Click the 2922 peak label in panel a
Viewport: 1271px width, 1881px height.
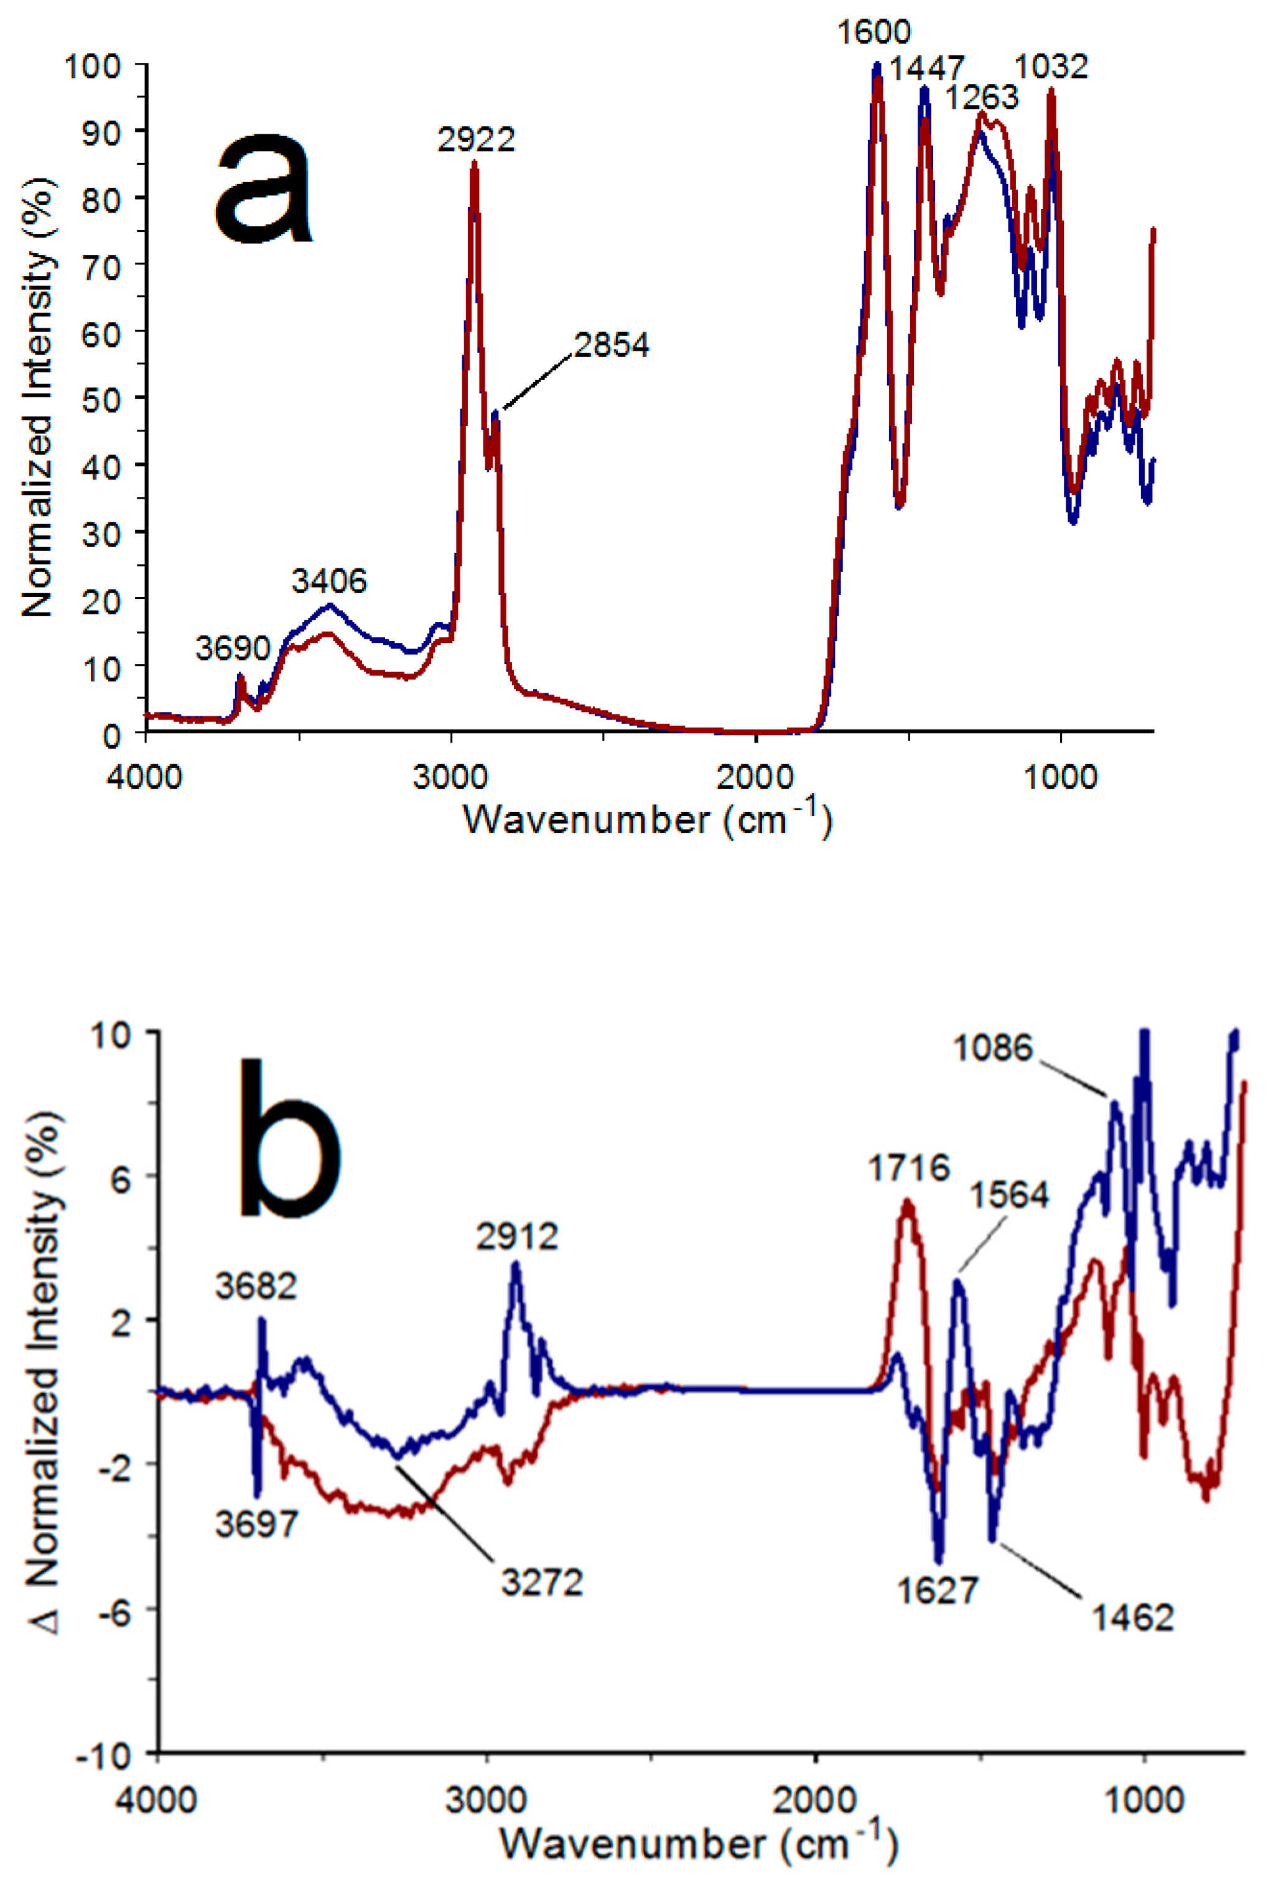tap(476, 140)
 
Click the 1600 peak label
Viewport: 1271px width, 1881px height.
tap(873, 32)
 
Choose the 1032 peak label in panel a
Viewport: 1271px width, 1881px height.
tap(1051, 67)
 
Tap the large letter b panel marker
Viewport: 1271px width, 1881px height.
tap(289, 1141)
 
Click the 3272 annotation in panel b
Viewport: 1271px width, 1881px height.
tap(542, 1583)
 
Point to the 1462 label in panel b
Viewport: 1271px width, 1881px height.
tap(1132, 1618)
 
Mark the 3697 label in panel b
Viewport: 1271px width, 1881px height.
tap(256, 1524)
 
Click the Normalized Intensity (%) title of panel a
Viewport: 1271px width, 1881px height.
tap(37, 397)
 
